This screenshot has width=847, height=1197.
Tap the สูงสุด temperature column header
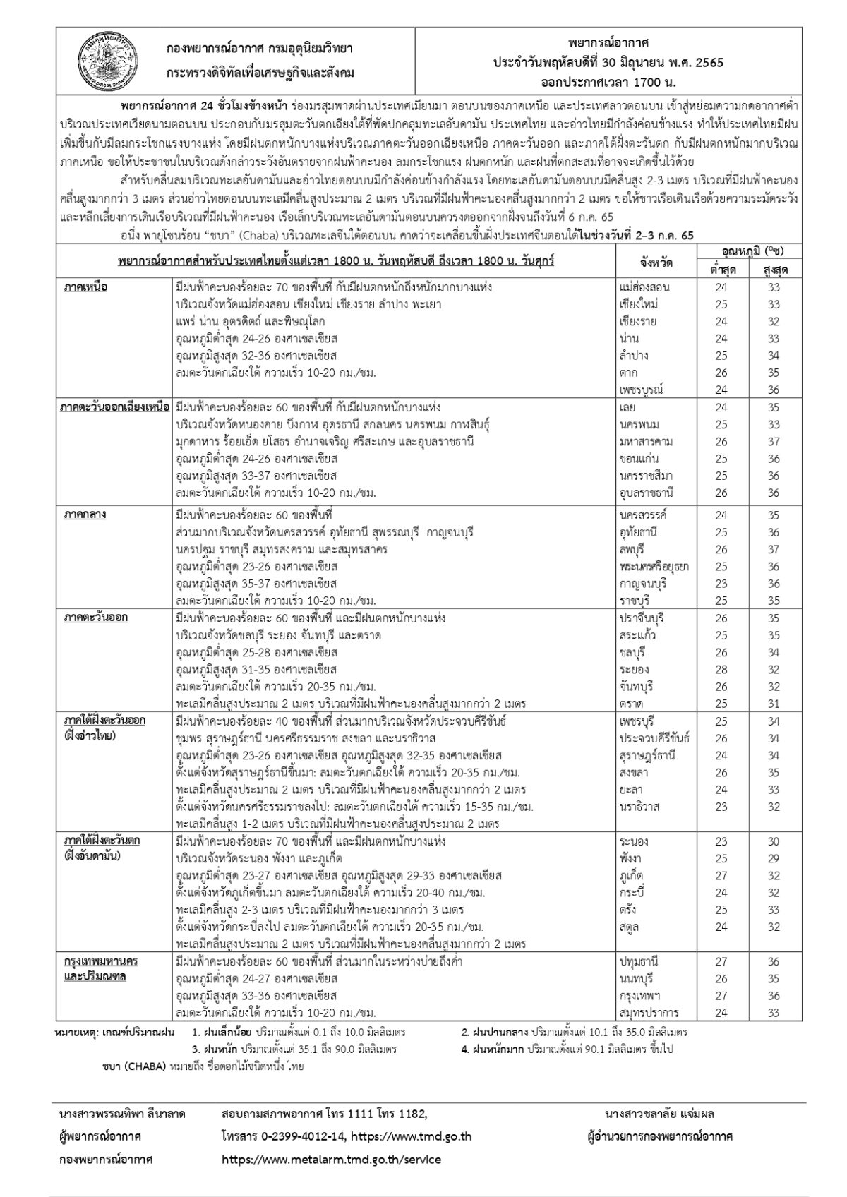point(774,270)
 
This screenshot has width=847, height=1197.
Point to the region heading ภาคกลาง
point(85,514)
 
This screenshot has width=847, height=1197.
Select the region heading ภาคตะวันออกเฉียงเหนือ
point(114,407)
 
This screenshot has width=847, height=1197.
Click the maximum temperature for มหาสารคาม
point(774,442)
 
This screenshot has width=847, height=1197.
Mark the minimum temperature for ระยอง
point(721,669)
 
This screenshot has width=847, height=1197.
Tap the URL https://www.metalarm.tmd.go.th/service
point(331,1159)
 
